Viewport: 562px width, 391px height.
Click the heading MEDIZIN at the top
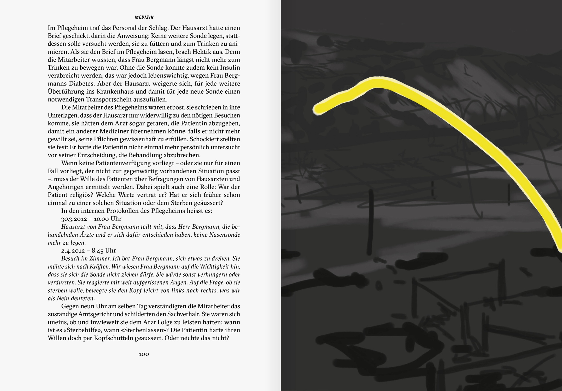click(x=144, y=17)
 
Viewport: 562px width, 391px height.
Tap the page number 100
click(x=144, y=354)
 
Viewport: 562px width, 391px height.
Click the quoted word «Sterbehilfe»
click(x=82, y=330)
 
